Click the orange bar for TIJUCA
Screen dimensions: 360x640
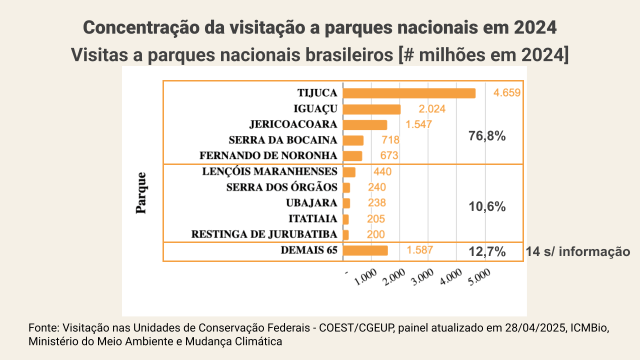[x=409, y=93]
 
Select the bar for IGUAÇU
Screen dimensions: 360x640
[x=371, y=109]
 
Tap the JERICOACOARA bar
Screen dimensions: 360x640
[x=365, y=124]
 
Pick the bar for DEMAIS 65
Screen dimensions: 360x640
[x=365, y=250]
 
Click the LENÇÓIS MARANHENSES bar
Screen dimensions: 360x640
[x=349, y=172]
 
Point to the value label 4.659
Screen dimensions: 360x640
[x=507, y=93]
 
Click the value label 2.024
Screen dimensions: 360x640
[x=431, y=109]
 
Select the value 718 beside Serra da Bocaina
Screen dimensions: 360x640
[x=390, y=140]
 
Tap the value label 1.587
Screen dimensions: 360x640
[x=419, y=250]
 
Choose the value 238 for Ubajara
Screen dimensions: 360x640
[x=377, y=203]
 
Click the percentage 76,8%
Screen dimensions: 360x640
[x=487, y=136]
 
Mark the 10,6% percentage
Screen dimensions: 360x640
[x=487, y=207]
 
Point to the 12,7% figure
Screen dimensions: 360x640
[x=487, y=252]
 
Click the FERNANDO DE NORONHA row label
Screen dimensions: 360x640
[x=268, y=155]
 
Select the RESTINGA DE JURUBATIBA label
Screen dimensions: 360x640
[x=264, y=234]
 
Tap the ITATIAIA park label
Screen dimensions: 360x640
[x=313, y=219]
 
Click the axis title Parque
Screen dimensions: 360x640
[x=142, y=193]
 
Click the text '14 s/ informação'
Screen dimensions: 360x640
[x=578, y=251]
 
